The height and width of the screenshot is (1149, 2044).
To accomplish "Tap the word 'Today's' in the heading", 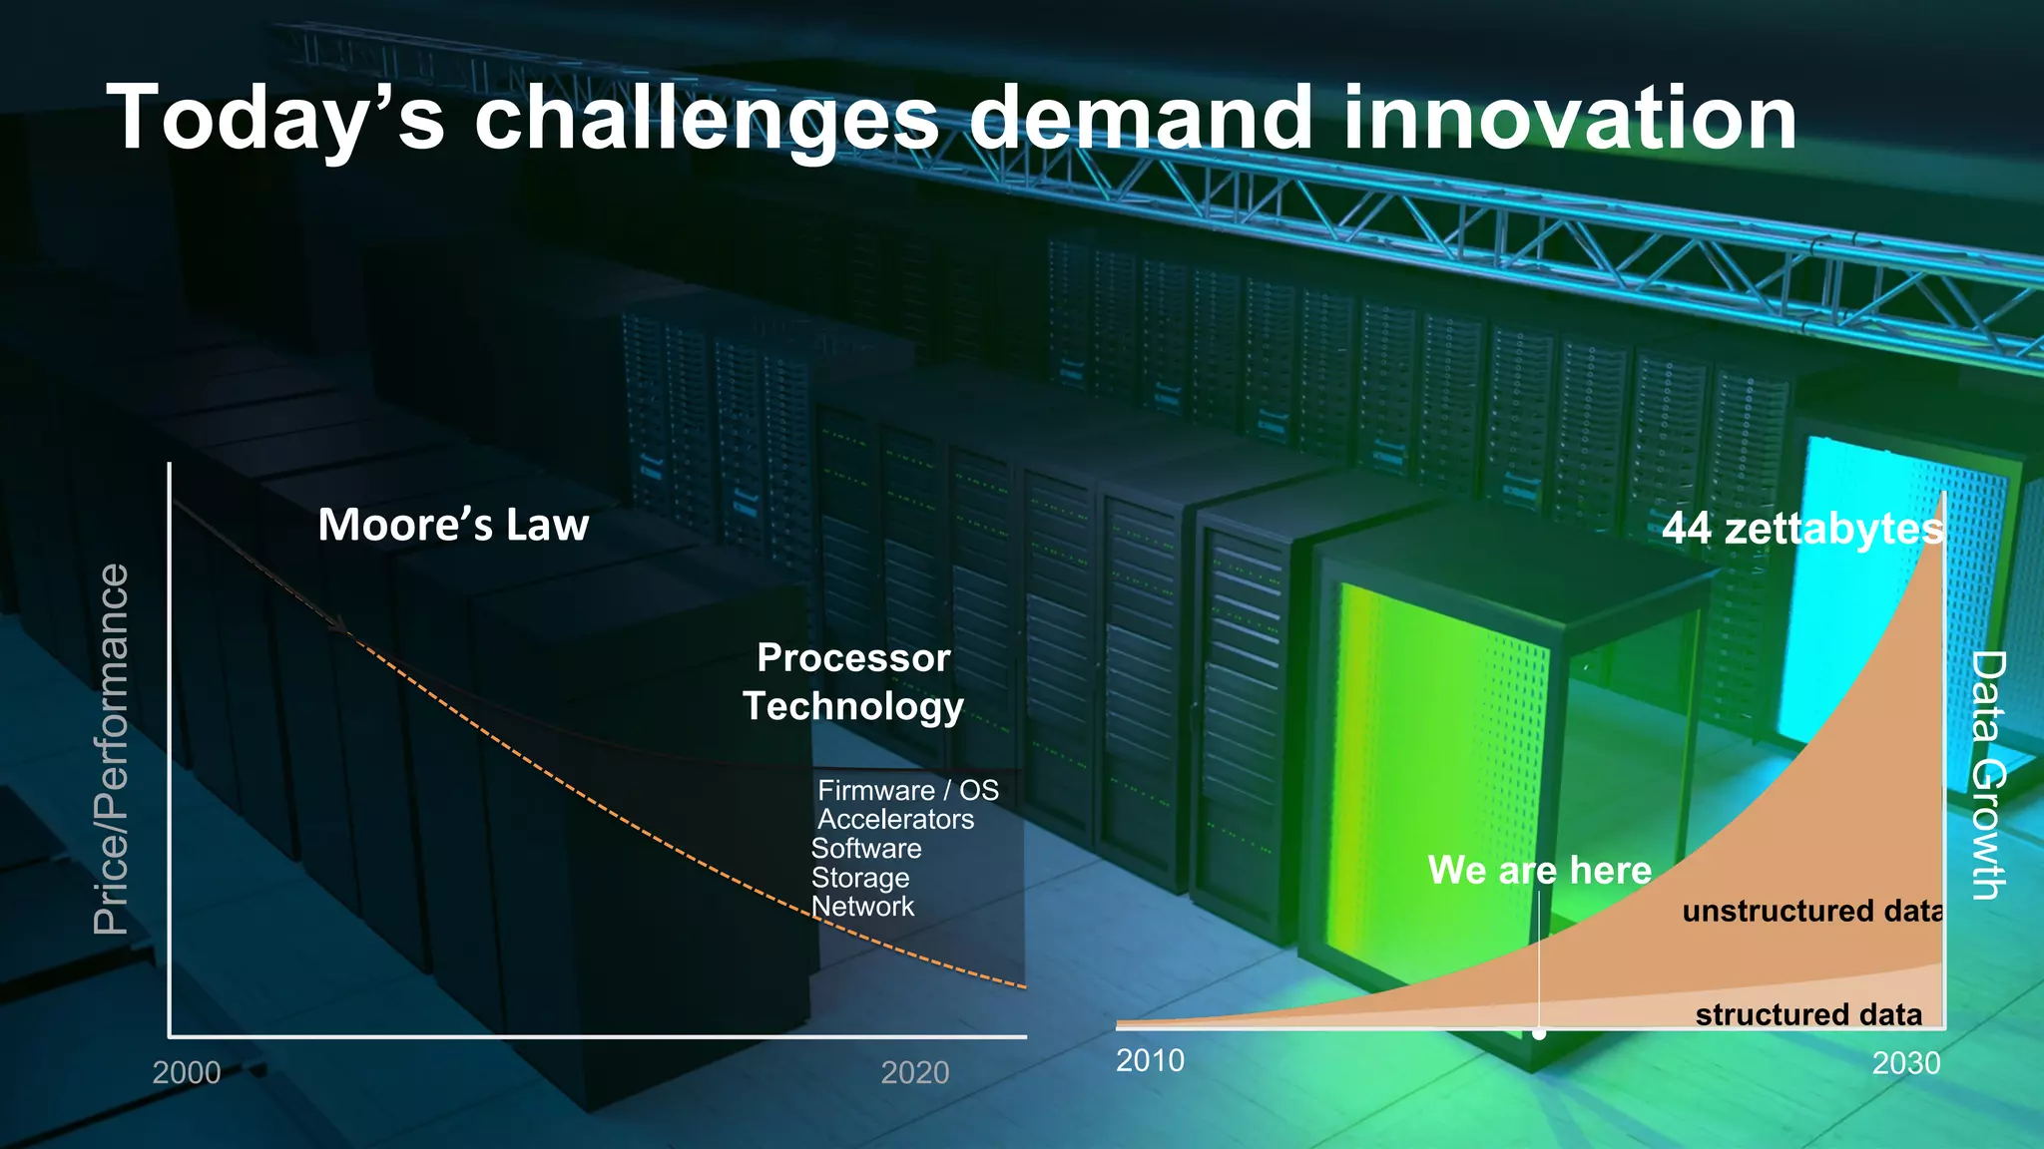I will [274, 120].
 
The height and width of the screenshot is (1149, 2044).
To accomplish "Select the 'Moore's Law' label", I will [453, 525].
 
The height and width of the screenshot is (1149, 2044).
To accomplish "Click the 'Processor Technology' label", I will [853, 681].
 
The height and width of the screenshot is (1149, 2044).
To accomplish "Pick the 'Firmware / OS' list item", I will [907, 790].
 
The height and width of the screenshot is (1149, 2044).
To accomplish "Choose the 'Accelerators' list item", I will [895, 819].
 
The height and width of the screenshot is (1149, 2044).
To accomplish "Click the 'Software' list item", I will [865, 848].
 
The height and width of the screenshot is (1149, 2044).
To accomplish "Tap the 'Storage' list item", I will [859, 878].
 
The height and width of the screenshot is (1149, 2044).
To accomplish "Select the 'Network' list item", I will [862, 906].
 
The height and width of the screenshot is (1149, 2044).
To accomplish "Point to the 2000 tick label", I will [187, 1072].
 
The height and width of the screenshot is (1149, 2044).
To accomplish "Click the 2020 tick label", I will [915, 1072].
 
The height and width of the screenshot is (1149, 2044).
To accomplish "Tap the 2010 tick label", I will [1150, 1059].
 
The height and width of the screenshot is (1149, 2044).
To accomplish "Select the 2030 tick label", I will [1905, 1063].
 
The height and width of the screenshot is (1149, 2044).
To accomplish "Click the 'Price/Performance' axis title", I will [111, 749].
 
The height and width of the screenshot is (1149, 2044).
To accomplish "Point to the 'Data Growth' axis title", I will [1988, 775].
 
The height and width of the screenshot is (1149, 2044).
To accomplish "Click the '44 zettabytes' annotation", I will [1801, 528].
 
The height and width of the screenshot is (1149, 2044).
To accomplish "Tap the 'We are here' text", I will [1539, 870].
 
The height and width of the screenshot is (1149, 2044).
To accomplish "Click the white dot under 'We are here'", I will [1539, 1033].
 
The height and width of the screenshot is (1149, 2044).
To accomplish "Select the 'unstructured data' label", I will [1811, 911].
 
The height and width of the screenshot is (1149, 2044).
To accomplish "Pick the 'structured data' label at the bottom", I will [1808, 1014].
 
